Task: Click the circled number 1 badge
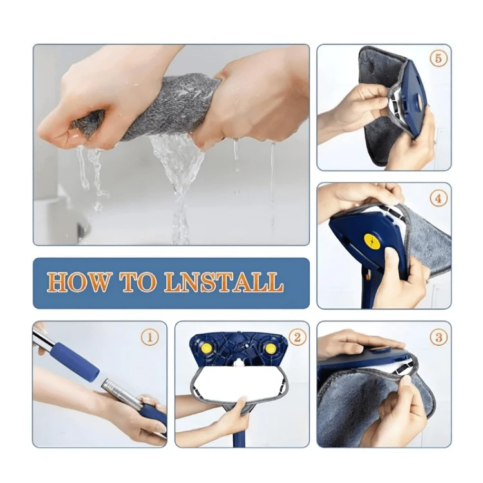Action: pyautogui.click(x=149, y=337)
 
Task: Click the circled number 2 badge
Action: pyautogui.click(x=297, y=337)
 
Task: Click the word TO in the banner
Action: pyautogui.click(x=137, y=283)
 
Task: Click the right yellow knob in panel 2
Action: pyautogui.click(x=271, y=348)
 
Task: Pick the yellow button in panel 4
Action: pyautogui.click(x=372, y=241)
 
